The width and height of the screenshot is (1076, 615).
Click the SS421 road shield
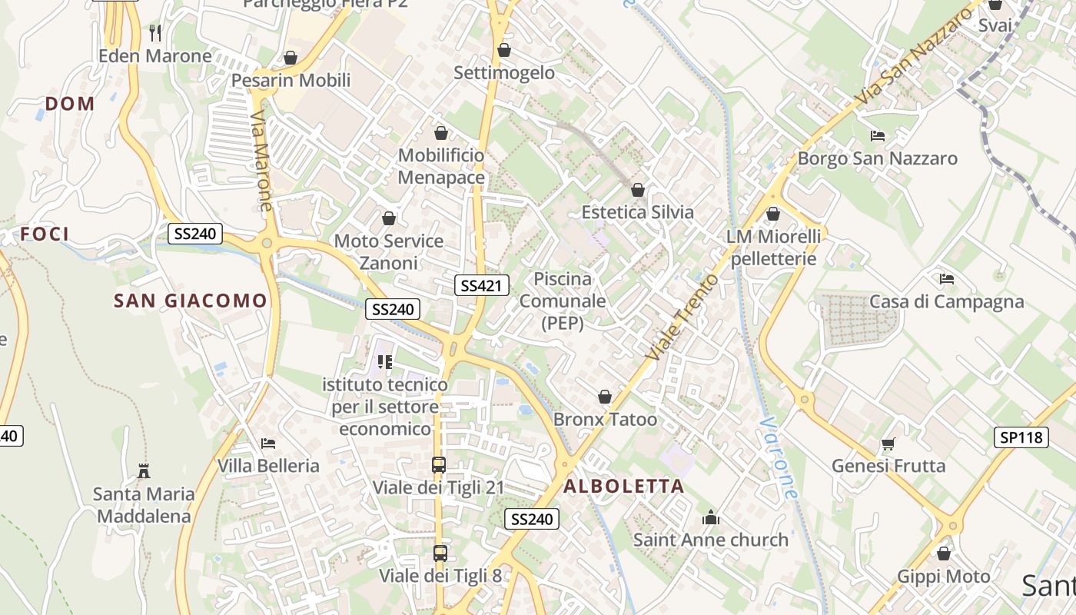pos(482,286)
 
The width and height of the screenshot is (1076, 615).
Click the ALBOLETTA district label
pos(623,486)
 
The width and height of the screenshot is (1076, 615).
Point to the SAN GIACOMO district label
pos(191,301)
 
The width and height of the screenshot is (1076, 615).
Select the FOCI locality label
pos(45,234)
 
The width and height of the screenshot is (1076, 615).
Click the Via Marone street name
pos(261,161)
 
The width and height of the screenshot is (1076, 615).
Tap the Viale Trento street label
pos(682,317)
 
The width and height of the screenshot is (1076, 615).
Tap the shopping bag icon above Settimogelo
pos(504,51)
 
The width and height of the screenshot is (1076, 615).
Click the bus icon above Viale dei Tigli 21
pos(439,465)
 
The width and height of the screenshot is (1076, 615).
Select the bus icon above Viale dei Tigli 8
pos(440,553)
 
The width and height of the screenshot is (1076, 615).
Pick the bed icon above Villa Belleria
pos(268,444)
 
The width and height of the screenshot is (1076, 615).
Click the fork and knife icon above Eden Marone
pos(155,32)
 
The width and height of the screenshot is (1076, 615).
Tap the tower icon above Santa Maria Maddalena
pos(143,470)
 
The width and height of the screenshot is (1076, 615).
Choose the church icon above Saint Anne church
pos(711,517)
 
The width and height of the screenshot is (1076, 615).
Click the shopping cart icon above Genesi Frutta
pos(888,444)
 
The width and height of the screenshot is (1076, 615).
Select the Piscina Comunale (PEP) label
pos(563,301)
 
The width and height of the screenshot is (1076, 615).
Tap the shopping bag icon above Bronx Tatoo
pos(605,397)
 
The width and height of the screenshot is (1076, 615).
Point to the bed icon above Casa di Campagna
pos(947,279)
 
